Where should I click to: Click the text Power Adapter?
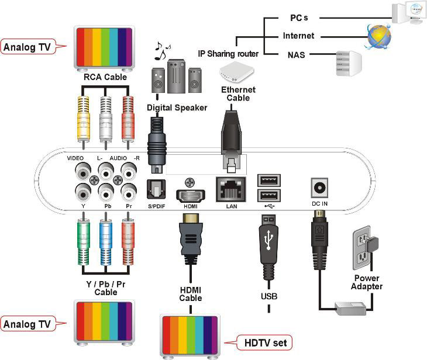(366, 282)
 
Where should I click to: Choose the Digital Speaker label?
(177, 108)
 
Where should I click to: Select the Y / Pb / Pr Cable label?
(106, 288)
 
